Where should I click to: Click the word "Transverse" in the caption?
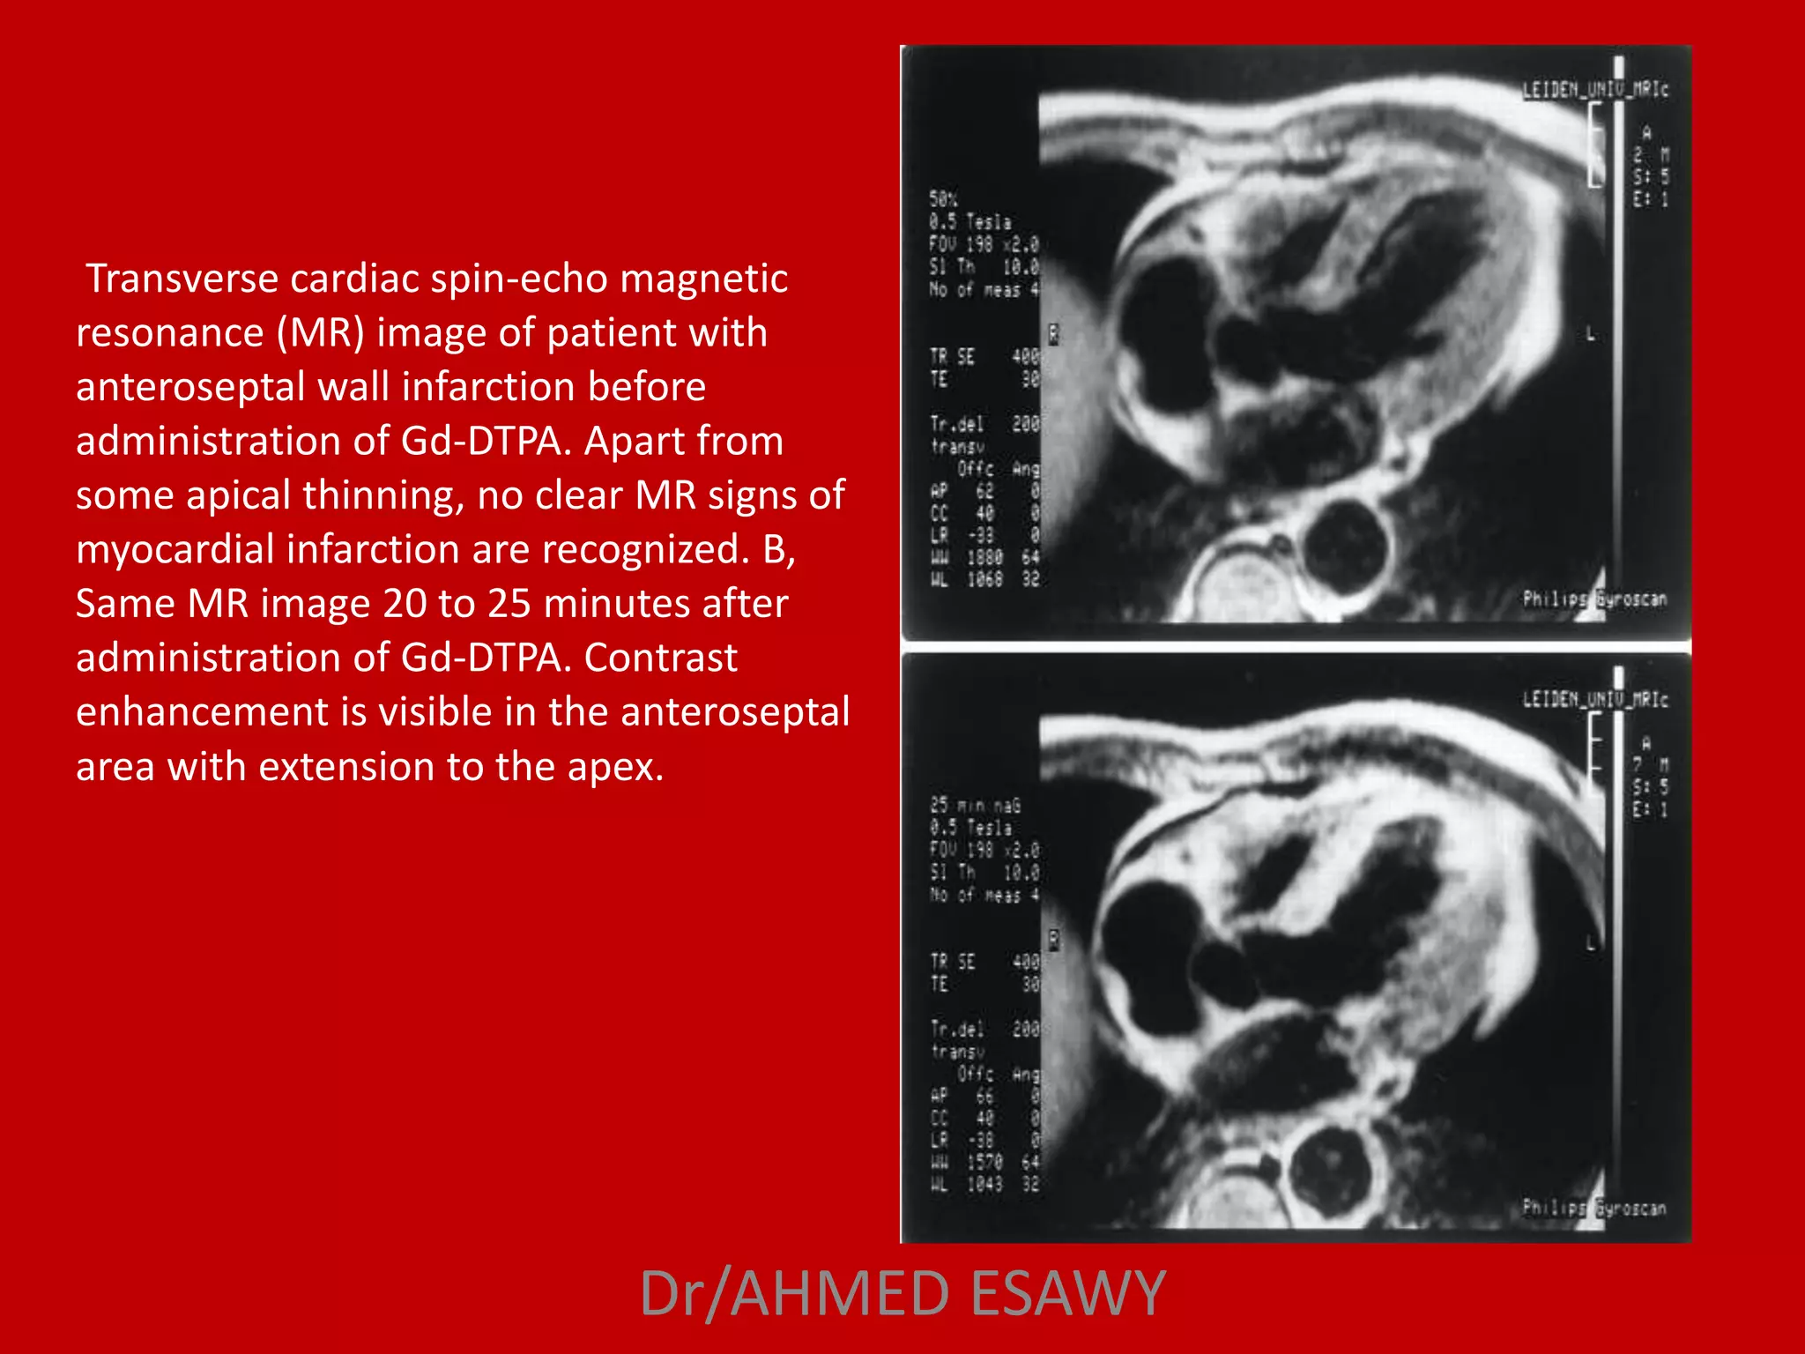pos(182,279)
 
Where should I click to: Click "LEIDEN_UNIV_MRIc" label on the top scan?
pos(1594,90)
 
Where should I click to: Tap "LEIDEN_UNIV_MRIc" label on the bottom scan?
pos(1594,700)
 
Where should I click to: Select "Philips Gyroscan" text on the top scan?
pos(1594,599)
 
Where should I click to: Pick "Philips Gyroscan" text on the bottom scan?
pos(1594,1209)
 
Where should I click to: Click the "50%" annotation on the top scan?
pos(942,199)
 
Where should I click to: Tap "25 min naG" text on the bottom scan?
pos(975,806)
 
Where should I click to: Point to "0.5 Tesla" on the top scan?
pos(969,221)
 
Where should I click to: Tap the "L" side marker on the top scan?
pos(1590,335)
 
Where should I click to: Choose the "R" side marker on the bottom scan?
pos(1054,940)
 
